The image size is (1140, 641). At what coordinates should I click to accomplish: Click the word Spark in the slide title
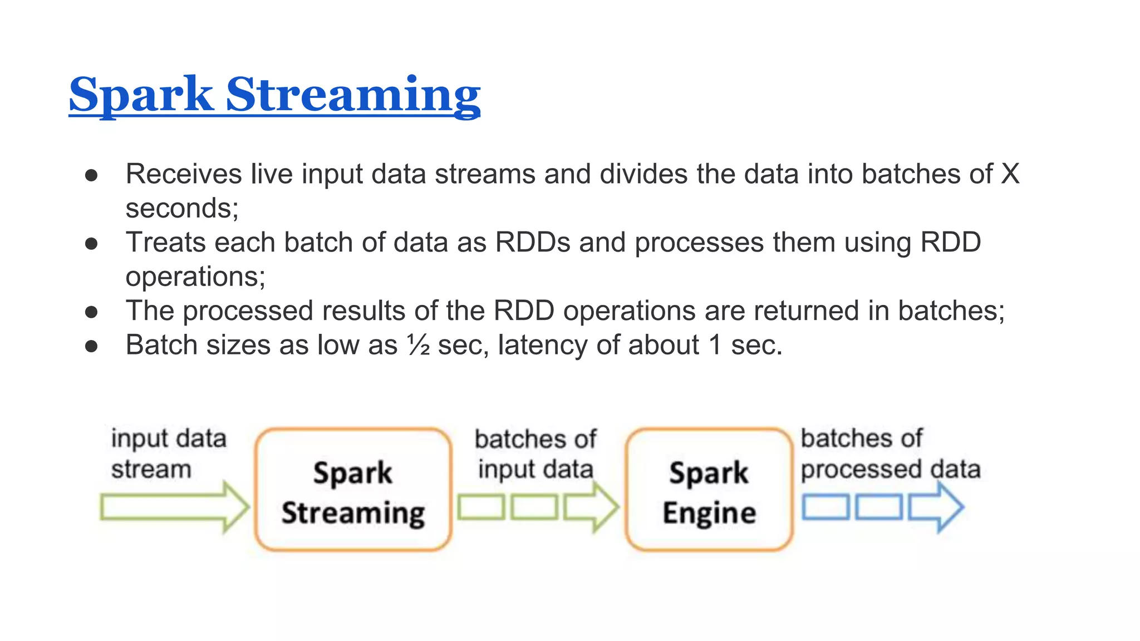point(140,95)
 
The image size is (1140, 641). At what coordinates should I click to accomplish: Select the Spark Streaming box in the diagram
point(353,490)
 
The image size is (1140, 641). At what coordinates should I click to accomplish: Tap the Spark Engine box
point(709,490)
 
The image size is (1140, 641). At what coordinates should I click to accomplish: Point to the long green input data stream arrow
point(167,507)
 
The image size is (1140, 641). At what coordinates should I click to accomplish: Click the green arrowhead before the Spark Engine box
point(593,507)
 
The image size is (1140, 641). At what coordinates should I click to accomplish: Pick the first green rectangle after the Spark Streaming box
point(481,507)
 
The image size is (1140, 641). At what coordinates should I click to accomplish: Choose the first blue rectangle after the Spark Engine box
point(825,507)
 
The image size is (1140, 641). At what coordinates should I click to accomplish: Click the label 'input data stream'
point(167,453)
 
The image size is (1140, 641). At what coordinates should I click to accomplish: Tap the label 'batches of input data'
point(535,454)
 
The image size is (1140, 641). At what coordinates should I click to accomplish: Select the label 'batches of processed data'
point(890,453)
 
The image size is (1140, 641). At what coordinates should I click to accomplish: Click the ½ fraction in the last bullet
point(419,346)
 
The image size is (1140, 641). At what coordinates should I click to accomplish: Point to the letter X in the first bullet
point(1010,174)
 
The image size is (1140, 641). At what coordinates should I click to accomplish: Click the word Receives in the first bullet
point(183,174)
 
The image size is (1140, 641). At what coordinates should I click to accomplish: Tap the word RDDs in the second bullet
point(533,243)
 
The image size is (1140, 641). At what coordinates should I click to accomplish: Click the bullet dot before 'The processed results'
point(91,312)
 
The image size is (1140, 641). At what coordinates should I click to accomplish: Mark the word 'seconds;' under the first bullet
point(182,209)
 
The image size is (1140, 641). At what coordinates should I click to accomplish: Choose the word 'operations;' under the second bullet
point(195,277)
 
